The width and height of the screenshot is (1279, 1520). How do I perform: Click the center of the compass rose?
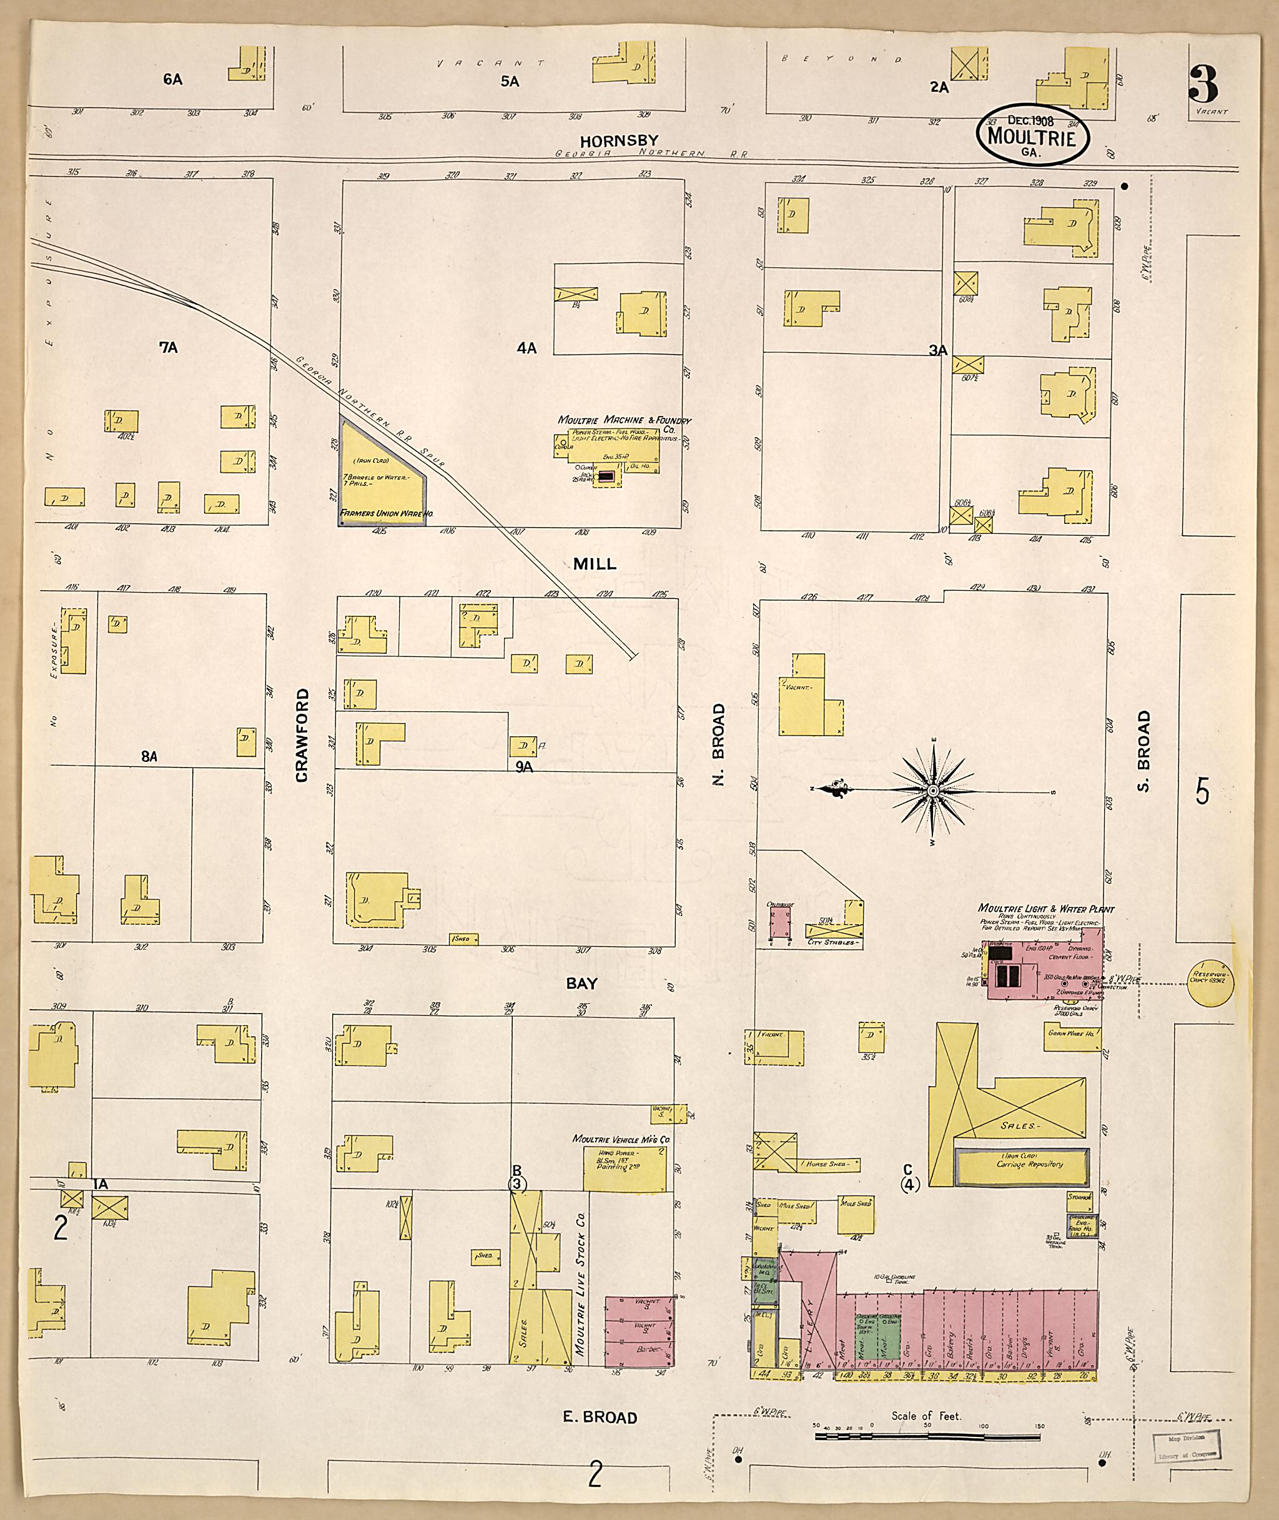(x=932, y=791)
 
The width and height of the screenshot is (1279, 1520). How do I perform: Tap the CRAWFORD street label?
(x=302, y=736)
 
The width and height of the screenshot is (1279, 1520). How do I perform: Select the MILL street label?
(x=595, y=564)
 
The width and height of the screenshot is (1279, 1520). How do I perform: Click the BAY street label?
(x=581, y=983)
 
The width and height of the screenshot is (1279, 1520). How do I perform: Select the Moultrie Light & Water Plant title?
(x=1045, y=908)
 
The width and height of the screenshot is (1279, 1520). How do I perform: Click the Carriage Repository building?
(x=1022, y=1164)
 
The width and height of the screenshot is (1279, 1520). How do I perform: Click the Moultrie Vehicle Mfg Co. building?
(x=625, y=1168)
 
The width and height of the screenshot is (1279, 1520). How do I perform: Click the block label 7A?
(x=169, y=348)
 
